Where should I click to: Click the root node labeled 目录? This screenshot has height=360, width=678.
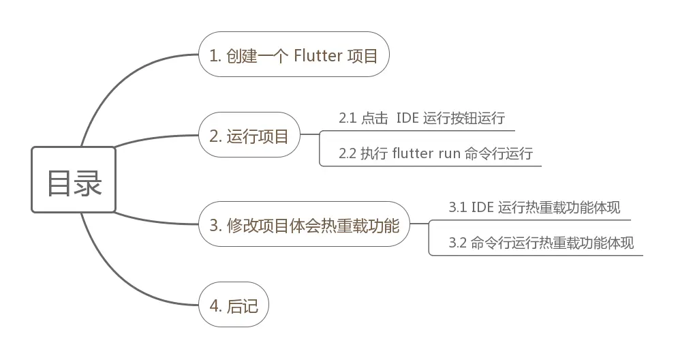point(74,180)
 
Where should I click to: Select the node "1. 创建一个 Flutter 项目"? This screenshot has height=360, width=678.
point(294,55)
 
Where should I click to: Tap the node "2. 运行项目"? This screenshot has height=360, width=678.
point(249,135)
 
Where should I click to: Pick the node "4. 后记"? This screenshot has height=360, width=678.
point(234,305)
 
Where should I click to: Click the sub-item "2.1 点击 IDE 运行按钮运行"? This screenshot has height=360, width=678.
point(422,118)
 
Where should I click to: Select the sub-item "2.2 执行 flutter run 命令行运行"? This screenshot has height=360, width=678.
point(435,153)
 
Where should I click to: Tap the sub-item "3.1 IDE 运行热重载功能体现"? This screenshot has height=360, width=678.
point(534,208)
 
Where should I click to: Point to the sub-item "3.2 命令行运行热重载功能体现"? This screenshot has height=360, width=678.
point(541,243)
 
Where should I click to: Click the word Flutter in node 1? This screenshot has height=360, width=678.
point(318,55)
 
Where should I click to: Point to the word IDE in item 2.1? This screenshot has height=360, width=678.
point(407,118)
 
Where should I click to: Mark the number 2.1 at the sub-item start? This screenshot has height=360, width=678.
point(348,118)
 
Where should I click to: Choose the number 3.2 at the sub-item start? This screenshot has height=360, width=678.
point(457,243)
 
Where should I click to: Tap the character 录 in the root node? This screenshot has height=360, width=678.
point(88,181)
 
